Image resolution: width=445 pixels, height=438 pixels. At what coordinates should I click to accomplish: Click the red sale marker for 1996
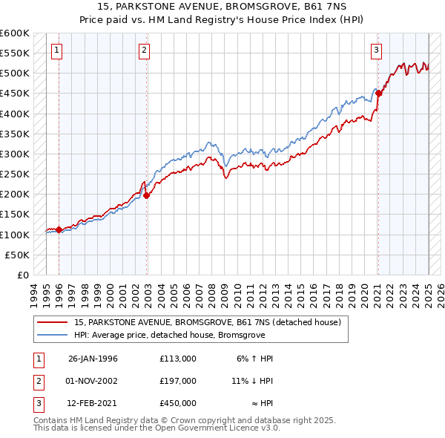[59, 230]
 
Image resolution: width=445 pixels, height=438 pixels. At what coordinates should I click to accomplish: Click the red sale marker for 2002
[147, 196]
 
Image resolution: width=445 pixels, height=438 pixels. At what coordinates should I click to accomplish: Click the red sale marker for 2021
[378, 94]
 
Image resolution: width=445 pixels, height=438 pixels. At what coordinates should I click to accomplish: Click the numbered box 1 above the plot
[57, 50]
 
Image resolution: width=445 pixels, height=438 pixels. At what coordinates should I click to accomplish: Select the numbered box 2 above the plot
[144, 50]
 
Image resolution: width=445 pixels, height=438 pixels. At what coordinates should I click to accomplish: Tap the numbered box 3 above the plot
[376, 50]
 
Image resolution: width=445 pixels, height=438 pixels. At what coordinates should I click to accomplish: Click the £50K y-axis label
[17, 255]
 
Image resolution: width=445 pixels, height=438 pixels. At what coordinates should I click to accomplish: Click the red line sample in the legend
[53, 322]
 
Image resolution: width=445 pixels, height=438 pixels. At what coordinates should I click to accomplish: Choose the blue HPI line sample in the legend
[53, 335]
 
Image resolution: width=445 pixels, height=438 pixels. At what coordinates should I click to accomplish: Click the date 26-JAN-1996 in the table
[93, 359]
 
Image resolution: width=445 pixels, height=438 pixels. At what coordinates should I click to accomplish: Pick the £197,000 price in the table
[178, 381]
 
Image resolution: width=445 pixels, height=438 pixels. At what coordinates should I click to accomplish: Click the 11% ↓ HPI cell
[252, 381]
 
